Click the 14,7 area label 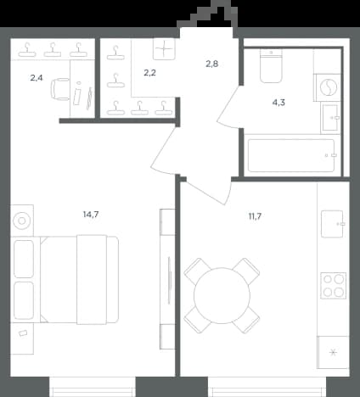(91, 215)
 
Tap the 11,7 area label (255, 216)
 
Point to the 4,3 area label (278, 103)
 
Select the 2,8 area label (211, 64)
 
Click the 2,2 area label (149, 73)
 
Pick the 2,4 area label (37, 77)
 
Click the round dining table (222, 295)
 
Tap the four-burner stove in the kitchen (333, 286)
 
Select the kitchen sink (333, 224)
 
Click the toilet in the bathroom (271, 66)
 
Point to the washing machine (328, 87)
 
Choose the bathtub (291, 155)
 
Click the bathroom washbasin (330, 118)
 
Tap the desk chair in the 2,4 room (60, 89)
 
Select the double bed (79, 280)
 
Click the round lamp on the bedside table (22, 221)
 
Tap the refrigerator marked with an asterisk (333, 352)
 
